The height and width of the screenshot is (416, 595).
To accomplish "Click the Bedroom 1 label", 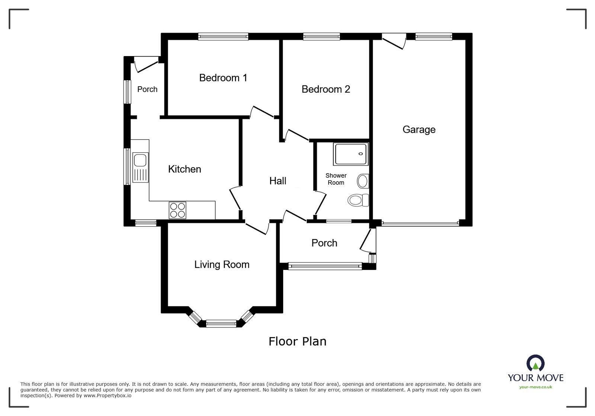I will (223, 78).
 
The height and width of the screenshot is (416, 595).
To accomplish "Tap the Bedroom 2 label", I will (326, 89).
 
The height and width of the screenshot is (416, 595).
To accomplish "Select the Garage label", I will (419, 130).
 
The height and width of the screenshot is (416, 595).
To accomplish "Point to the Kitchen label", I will (185, 169).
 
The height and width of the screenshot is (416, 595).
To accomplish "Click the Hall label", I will (278, 181).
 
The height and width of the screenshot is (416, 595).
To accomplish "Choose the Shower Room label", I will (336, 179).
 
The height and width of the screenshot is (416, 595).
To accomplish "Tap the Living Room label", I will (222, 265).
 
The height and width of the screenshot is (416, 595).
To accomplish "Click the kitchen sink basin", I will (140, 160).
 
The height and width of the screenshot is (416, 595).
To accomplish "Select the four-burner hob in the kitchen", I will (177, 210).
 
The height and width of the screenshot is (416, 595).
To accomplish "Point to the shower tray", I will (351, 154).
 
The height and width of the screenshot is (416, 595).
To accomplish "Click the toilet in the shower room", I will (358, 200).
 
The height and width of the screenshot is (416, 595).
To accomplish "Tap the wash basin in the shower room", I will (363, 181).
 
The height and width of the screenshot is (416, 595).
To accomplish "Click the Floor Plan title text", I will (297, 341).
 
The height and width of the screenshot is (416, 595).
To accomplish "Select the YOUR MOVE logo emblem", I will (535, 363).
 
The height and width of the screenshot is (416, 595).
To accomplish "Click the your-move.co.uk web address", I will (535, 387).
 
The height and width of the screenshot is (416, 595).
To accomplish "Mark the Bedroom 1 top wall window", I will (223, 36).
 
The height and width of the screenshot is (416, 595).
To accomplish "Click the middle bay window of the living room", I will (221, 324).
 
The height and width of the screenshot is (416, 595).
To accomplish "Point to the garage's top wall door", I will (394, 40).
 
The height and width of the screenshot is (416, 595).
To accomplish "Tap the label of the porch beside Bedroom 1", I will (147, 89).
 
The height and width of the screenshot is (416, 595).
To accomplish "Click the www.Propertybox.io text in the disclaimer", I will (107, 396).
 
